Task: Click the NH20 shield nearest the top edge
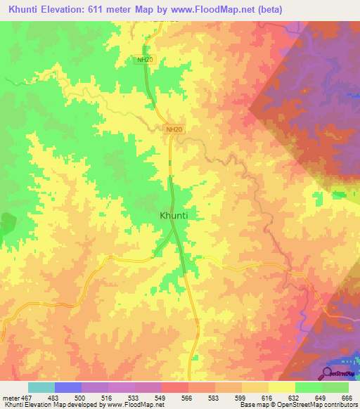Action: coord(144,60)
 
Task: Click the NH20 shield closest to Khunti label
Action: coord(174,130)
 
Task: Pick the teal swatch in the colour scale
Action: coord(41,387)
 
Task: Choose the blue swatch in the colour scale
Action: coord(68,387)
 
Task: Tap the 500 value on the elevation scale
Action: coord(82,398)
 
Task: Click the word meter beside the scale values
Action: coord(10,398)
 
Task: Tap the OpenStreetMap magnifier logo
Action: coord(327,373)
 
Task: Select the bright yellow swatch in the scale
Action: coord(281,387)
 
